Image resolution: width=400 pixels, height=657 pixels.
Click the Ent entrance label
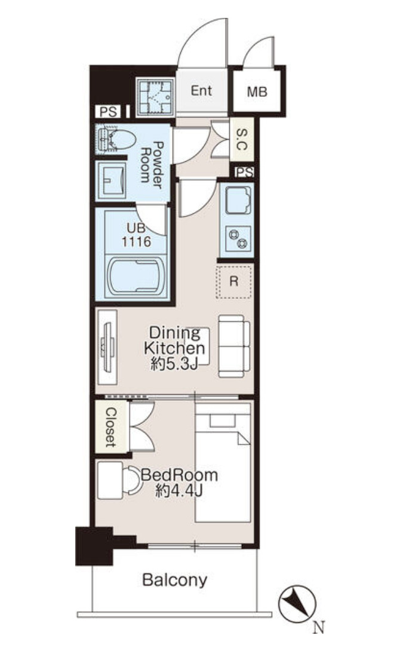201,91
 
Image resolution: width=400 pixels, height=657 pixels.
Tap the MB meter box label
257,91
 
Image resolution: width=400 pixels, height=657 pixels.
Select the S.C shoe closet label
242,139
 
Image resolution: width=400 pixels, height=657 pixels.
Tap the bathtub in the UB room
136,277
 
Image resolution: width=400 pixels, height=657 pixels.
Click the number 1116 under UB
136,241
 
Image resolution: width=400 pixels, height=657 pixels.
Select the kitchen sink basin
238,200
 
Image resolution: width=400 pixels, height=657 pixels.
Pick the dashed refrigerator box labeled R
233,281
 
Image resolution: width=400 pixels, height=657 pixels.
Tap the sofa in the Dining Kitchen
233,346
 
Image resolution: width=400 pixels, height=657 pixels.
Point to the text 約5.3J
174,364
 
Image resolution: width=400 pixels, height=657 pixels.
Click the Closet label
110,427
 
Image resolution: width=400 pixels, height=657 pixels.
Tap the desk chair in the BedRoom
133,480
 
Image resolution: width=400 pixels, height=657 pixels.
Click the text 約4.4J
179,490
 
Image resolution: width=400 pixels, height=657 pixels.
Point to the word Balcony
175,580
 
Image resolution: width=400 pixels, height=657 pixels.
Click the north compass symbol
297,604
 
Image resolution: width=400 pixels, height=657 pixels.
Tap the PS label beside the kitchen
244,173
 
